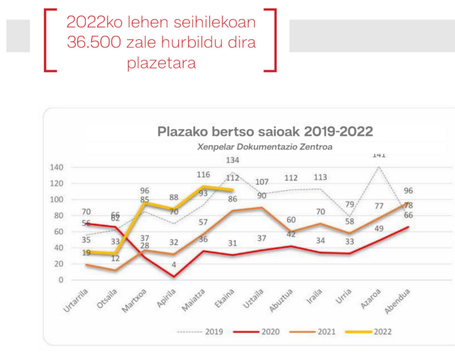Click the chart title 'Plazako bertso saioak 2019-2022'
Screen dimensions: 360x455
coord(265,132)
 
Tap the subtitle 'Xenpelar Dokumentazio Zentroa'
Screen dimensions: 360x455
coord(265,147)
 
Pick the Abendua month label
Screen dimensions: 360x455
coord(397,301)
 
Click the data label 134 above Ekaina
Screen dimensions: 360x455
coord(233,160)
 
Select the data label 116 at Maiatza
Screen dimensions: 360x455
coord(203,175)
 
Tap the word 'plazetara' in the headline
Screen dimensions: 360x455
coord(161,63)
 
